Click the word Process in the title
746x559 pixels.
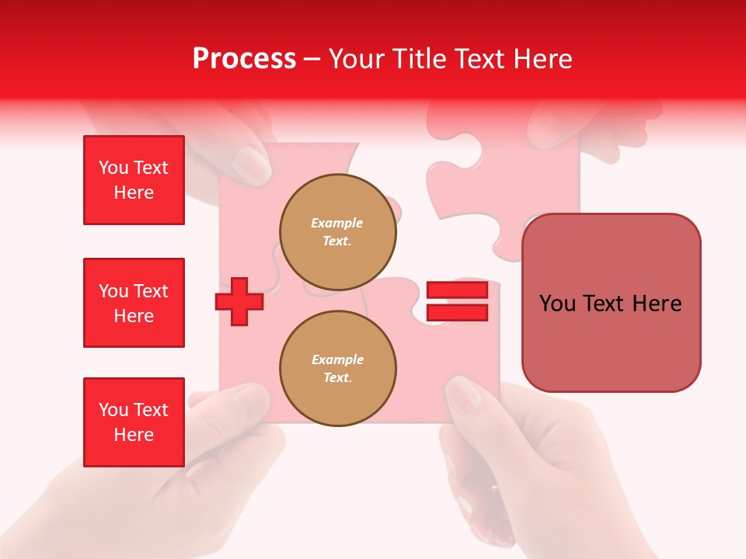coord(244,59)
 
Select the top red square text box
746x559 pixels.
coord(134,180)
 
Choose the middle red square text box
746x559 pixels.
coord(134,303)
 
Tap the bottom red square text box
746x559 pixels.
coord(134,422)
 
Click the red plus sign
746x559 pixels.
coord(239,301)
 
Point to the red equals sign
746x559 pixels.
coord(457,302)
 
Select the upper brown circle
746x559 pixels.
coord(337,232)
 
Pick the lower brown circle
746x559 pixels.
coord(337,369)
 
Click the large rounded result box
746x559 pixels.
coord(611,303)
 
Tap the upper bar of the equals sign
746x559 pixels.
coord(457,290)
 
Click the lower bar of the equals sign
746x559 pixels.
coord(457,313)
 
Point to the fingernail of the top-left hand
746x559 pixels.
coord(251,164)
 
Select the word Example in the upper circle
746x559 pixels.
coord(336,223)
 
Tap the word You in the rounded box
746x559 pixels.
coord(558,304)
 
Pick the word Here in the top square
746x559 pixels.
coord(134,193)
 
